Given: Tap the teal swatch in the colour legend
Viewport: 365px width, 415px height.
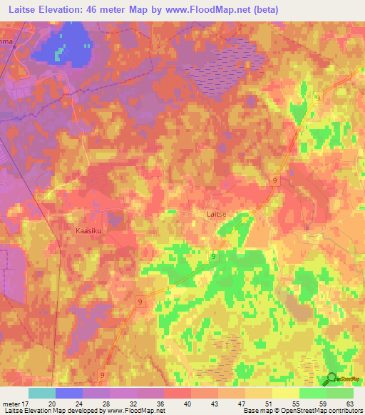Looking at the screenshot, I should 42,393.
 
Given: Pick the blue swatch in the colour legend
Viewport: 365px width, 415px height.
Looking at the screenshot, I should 69,393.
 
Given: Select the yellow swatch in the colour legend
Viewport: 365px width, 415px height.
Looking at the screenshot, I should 285,393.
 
